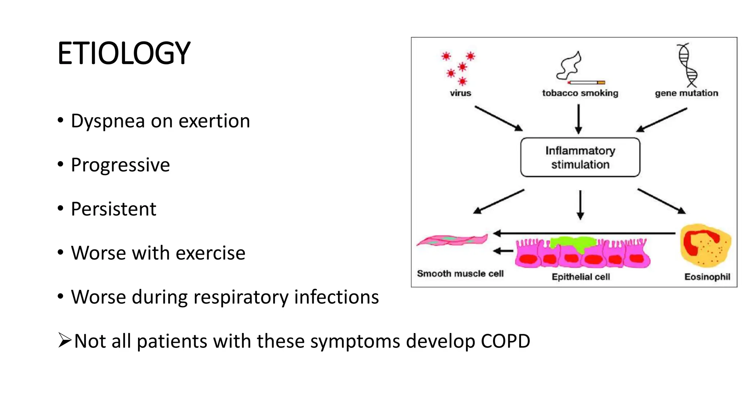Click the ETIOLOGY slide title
[124, 54]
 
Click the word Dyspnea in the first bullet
[108, 121]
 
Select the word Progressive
[120, 165]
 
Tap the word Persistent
[113, 209]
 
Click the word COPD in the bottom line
[505, 341]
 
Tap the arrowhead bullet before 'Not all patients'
[64, 340]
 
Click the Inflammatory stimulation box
[580, 157]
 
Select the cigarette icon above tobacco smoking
[586, 82]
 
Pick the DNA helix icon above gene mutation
[687, 65]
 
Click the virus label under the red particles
[460, 93]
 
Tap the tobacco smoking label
[580, 93]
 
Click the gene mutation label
[686, 93]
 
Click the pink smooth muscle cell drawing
[452, 240]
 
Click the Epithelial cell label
[580, 277]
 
